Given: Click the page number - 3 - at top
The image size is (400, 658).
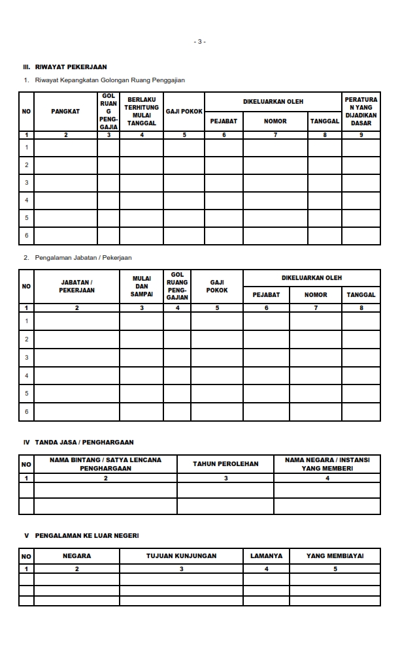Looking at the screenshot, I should tap(200, 42).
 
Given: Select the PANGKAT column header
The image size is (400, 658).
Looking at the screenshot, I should tap(65, 112).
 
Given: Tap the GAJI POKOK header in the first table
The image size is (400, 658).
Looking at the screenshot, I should tap(184, 112).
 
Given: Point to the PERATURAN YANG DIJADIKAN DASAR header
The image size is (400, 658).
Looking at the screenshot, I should tap(361, 112).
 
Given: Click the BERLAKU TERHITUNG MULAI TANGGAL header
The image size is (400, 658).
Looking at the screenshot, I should tap(141, 112).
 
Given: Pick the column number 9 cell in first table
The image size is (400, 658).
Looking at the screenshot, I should tap(361, 135).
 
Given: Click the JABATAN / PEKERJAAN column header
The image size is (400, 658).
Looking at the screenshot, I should tap(76, 287).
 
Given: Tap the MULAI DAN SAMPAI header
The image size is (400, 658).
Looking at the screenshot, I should tap(141, 287).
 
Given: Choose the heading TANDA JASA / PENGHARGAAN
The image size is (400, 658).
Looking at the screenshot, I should tap(84, 443).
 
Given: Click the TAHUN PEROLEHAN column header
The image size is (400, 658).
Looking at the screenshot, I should tap(225, 464).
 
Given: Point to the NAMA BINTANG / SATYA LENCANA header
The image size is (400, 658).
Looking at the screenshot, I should tap(105, 464).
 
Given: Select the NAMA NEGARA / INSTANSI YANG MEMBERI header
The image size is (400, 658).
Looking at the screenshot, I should tap(327, 464).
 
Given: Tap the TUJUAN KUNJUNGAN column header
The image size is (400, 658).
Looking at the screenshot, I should tap(181, 556).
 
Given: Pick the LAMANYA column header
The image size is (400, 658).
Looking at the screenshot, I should tap(266, 556).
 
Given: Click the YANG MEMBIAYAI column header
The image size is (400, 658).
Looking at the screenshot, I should tap(335, 556).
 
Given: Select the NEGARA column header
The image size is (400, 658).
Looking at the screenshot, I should tap(76, 556).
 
